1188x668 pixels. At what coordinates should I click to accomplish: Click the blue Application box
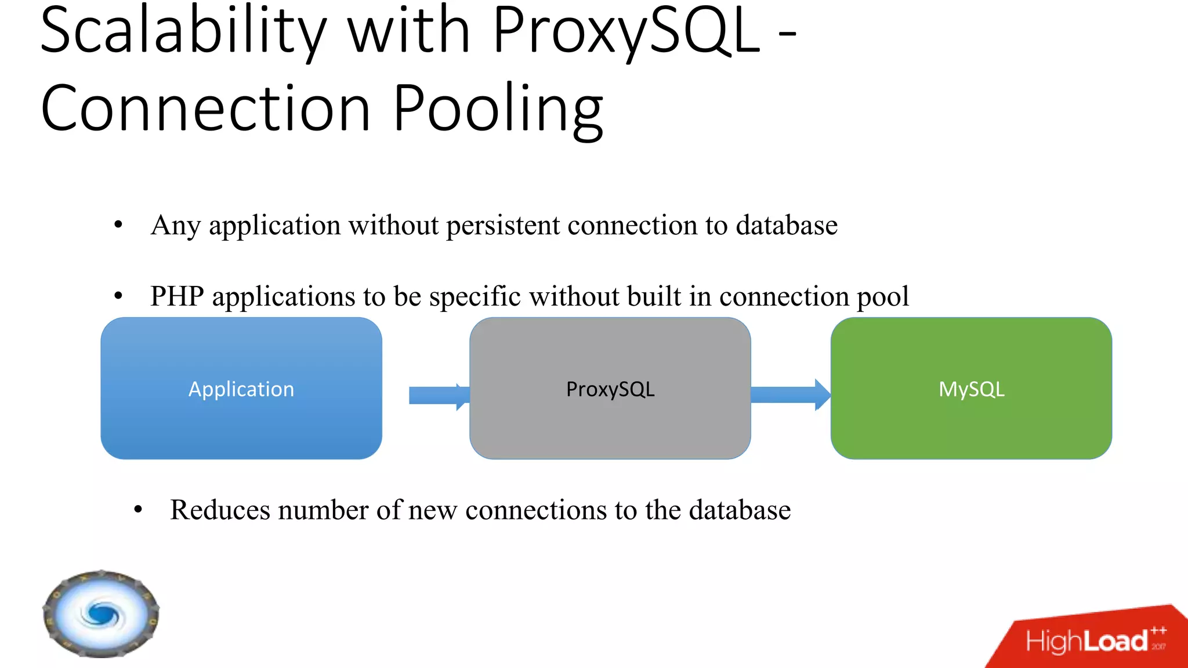coord(241,389)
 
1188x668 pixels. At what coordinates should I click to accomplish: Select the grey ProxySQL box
coord(610,389)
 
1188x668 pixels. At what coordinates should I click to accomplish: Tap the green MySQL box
coord(971,389)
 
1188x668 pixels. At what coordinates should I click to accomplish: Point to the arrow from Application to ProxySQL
coord(438,396)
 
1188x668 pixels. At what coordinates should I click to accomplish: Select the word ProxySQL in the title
coord(626,32)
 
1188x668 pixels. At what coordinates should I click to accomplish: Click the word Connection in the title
coord(205,110)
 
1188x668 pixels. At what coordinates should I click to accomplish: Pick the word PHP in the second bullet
coord(177,296)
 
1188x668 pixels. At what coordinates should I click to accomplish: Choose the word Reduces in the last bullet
coord(220,510)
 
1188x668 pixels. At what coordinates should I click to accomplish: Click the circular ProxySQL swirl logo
coord(101,613)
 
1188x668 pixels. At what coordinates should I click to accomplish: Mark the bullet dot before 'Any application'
coord(118,225)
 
